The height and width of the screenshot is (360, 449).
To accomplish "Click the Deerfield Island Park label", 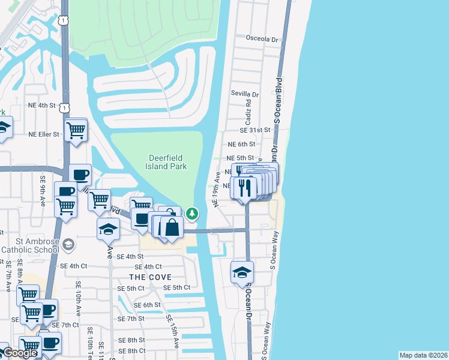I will coord(167,162).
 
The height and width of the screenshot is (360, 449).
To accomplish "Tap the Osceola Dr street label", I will coord(263,40).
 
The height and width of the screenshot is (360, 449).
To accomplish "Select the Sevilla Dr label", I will coord(245,94).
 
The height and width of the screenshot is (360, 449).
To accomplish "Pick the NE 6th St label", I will coord(241,144).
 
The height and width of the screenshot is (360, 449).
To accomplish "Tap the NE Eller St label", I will coord(44,134).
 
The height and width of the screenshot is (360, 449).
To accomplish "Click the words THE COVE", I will coord(150,277).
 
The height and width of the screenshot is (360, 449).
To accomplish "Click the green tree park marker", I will coord(192,213).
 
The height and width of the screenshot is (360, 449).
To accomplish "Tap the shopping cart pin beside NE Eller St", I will coord(76,130).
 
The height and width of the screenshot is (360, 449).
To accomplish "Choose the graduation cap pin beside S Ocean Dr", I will coord(242,272).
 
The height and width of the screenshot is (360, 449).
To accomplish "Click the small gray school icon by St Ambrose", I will coord(69,244).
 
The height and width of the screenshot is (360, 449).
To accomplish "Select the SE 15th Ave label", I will coord(172,331).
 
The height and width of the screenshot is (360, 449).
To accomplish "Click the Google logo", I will coord(20,353).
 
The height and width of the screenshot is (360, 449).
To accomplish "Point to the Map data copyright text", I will coord(423,355).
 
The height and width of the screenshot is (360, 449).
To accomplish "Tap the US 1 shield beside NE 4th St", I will coord(63,106).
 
